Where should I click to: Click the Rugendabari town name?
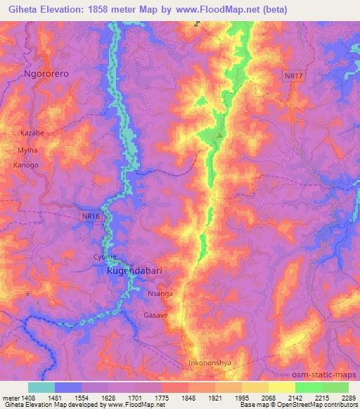tap(138, 270)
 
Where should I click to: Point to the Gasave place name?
tap(156, 316)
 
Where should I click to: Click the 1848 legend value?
tap(189, 397)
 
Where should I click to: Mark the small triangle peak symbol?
tap(221, 135)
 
